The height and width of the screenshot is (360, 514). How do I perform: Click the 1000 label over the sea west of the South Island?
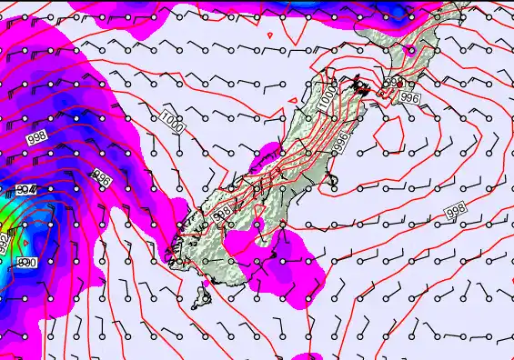click(x=171, y=121)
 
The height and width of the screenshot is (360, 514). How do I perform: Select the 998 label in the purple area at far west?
click(x=37, y=137)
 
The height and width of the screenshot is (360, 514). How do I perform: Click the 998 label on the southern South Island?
click(x=222, y=214)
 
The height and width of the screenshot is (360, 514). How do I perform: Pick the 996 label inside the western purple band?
click(x=102, y=180)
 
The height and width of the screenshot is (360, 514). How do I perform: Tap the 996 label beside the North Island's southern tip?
click(x=409, y=98)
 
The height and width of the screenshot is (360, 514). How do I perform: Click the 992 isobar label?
click(x=5, y=244)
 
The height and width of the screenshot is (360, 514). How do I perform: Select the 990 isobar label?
click(x=27, y=262)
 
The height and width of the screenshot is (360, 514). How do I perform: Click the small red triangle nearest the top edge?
click(x=272, y=35)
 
